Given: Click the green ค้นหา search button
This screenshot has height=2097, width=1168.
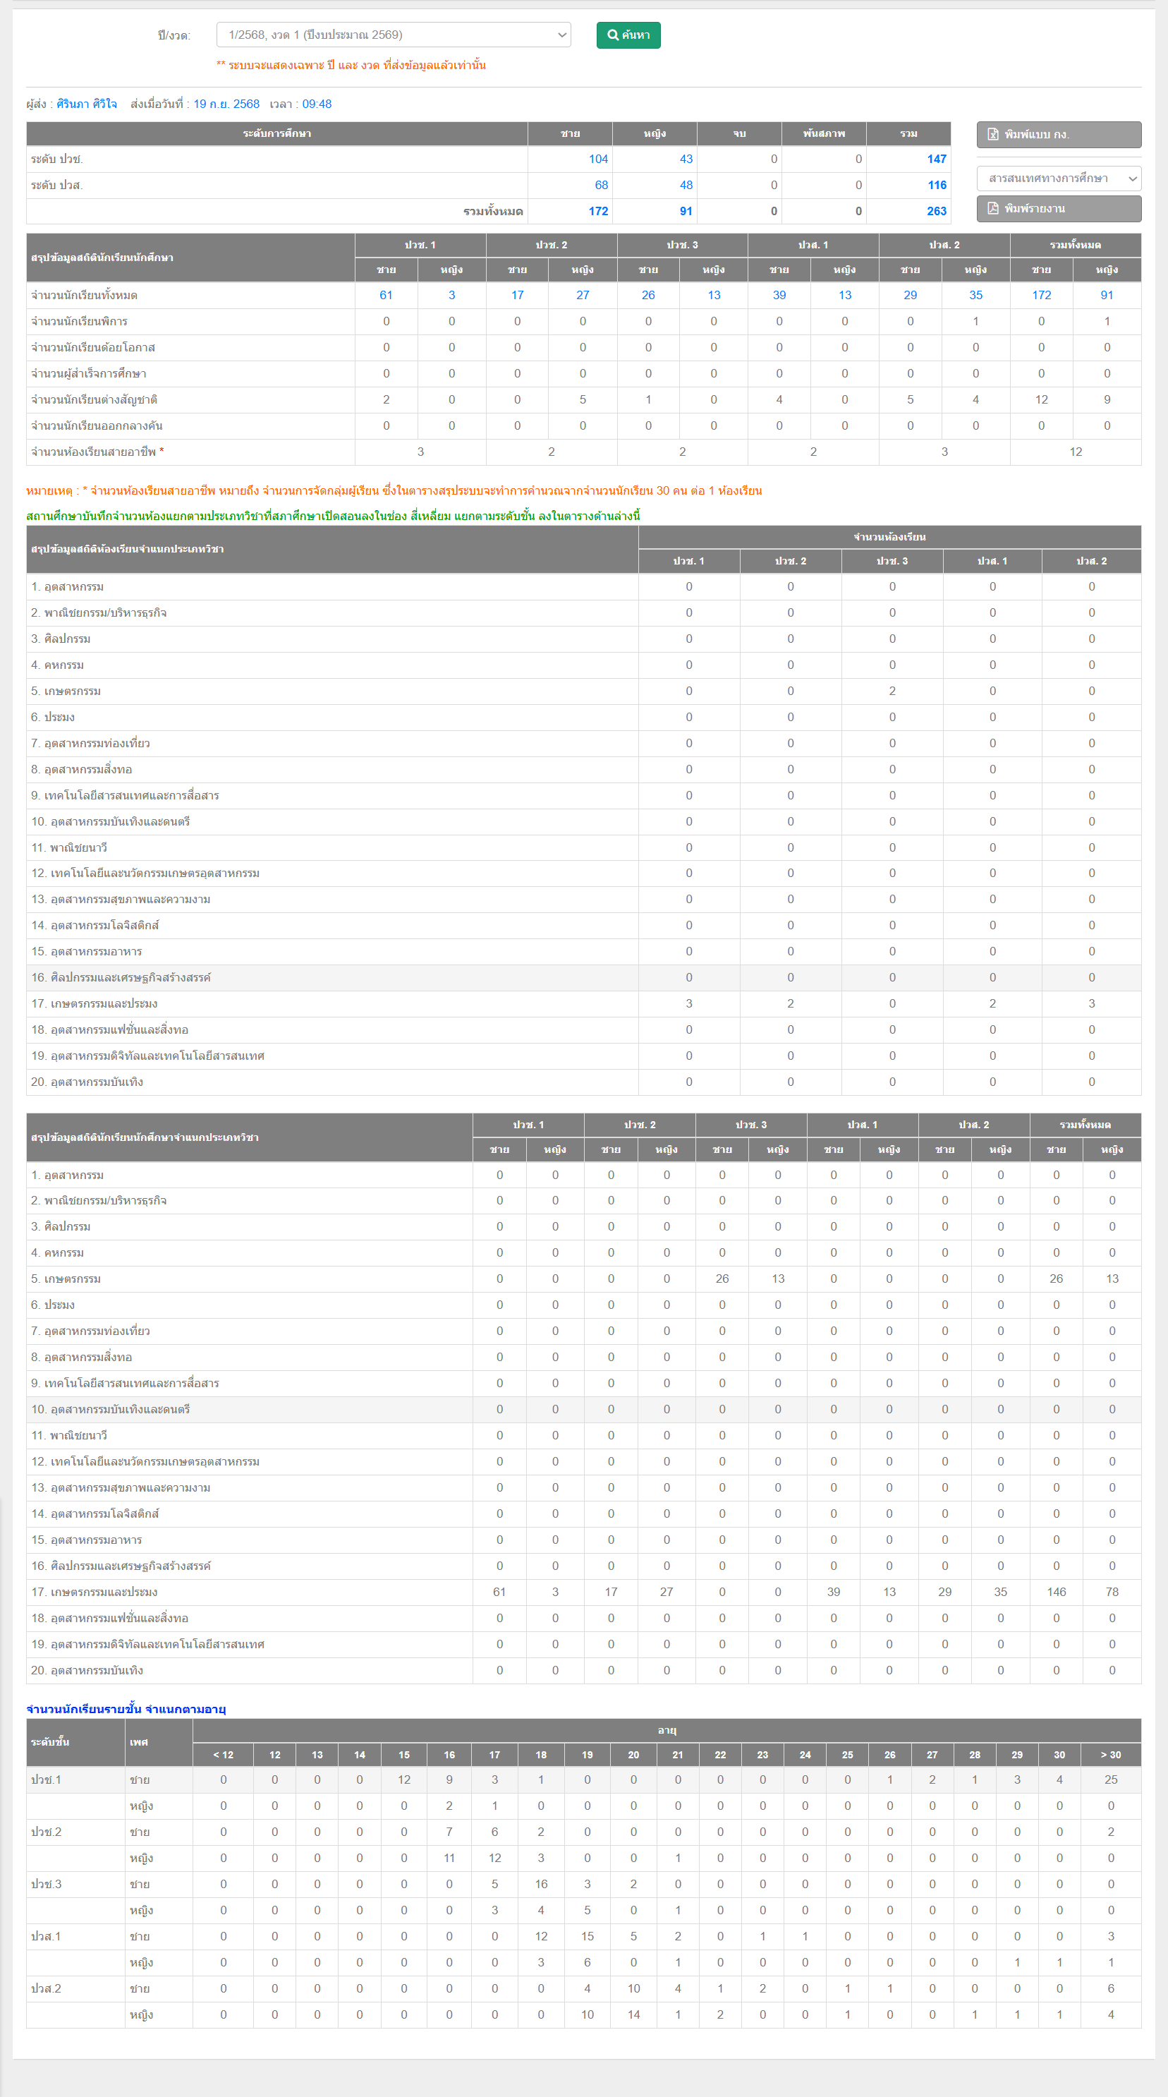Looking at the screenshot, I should click(628, 35).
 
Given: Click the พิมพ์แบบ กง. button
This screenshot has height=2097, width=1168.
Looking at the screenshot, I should click(1058, 134).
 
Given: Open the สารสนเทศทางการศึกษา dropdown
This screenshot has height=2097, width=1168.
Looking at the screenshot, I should click(1058, 179).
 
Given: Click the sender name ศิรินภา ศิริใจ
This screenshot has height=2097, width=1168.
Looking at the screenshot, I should click(86, 104).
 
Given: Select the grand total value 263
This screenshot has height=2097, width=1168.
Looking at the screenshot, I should click(936, 211).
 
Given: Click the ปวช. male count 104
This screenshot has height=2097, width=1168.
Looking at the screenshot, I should click(598, 159).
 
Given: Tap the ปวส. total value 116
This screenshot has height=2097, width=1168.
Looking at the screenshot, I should click(937, 185).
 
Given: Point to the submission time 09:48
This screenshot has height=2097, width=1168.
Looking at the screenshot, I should click(317, 104).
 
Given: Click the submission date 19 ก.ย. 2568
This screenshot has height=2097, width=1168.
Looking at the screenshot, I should click(226, 104).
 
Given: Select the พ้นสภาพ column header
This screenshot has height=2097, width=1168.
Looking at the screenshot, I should click(824, 133).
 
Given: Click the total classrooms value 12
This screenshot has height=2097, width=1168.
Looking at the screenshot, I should click(1075, 452).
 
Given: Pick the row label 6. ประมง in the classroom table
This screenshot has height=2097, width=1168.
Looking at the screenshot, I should click(53, 717).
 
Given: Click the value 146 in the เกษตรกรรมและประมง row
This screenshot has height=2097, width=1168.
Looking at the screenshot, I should click(1056, 1592).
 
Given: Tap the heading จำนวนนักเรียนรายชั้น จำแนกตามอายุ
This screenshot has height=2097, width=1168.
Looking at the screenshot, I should click(126, 1709).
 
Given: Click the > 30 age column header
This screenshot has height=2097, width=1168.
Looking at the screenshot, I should click(1110, 1754).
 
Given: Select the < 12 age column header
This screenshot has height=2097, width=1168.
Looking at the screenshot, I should click(223, 1754).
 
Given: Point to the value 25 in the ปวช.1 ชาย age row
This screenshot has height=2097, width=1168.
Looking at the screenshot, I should click(1110, 1779).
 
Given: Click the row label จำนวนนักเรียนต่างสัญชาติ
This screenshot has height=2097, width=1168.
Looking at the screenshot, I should click(95, 399).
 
